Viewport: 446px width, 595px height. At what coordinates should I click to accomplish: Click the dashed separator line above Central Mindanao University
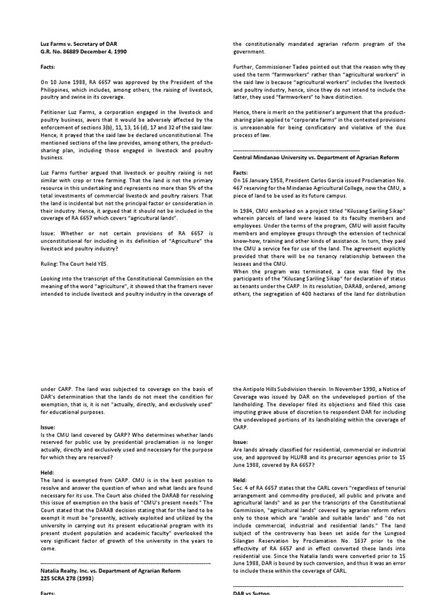(x=296, y=149)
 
